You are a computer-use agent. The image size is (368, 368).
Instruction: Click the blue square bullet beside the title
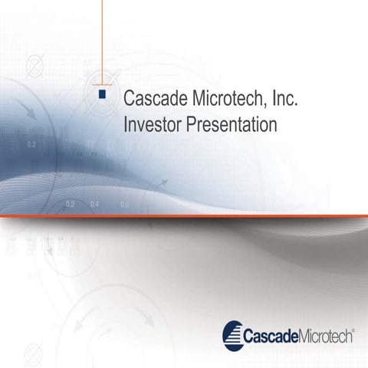(102, 94)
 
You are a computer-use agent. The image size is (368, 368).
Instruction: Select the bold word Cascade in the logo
(268, 336)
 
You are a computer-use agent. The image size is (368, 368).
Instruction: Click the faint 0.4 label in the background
(94, 205)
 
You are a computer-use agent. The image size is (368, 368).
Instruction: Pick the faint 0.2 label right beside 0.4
(71, 205)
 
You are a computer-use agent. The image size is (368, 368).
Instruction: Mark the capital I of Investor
(126, 123)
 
